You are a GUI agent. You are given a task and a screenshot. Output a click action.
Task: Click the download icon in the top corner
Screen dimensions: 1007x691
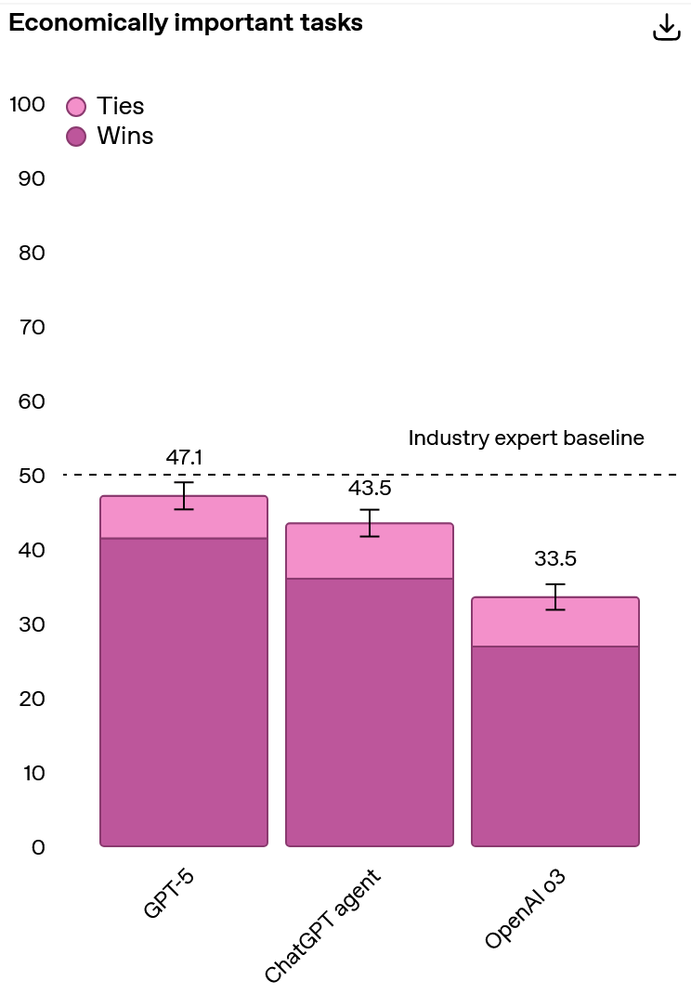[667, 27]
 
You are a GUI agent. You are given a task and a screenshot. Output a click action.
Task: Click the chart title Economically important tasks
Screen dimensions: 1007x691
[186, 24]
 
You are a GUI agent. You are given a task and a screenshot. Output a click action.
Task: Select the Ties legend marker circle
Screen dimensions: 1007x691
[77, 106]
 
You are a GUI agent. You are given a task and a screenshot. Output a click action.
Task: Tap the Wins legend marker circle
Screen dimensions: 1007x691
[77, 137]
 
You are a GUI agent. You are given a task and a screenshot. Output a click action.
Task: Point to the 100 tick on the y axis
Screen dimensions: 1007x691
[27, 104]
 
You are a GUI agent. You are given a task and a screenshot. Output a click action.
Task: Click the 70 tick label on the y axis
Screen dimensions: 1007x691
[32, 327]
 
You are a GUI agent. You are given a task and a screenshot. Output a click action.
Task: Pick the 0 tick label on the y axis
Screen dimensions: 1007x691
[38, 847]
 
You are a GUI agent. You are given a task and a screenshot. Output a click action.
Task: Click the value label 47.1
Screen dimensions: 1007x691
[184, 457]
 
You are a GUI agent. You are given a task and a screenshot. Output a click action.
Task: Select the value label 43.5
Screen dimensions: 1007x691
[370, 488]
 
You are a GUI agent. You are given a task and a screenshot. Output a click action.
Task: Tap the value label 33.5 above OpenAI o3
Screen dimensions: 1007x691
[555, 559]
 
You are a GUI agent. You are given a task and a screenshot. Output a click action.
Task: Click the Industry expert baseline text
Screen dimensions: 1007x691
[526, 438]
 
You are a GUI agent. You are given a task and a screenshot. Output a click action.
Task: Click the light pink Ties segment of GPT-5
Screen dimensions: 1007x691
[184, 518]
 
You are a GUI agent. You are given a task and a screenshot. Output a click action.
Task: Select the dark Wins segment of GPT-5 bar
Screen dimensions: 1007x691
[184, 692]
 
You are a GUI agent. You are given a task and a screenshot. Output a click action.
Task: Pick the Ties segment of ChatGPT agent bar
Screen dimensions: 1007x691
[370, 552]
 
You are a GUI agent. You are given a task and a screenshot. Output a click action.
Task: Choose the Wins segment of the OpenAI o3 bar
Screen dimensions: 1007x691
[555, 746]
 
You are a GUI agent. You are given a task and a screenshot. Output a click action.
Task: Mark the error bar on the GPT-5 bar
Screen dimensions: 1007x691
[184, 496]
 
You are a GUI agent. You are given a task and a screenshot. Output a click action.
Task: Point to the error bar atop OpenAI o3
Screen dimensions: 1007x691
[555, 596]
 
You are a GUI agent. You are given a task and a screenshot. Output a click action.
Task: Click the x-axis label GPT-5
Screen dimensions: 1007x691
[169, 896]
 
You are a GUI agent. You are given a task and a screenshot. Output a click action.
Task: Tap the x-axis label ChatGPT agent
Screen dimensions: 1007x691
[324, 927]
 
